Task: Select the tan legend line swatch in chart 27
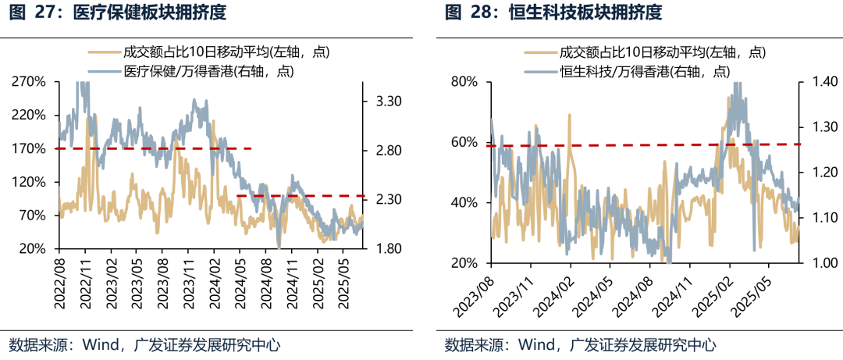[103, 53]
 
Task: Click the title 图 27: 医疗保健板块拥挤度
[119, 12]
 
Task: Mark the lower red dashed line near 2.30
[301, 196]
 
